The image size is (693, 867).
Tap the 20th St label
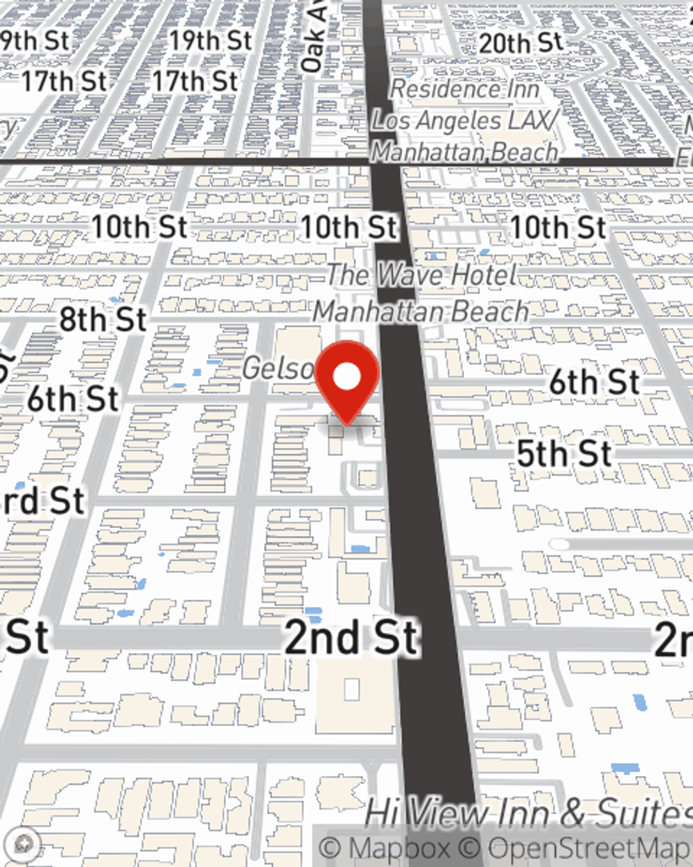pyautogui.click(x=520, y=43)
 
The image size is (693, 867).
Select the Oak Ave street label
pyautogui.click(x=313, y=38)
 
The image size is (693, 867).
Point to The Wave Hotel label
pyautogui.click(x=421, y=275)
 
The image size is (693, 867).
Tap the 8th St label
pyautogui.click(x=103, y=320)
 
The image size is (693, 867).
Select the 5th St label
pyautogui.click(x=564, y=454)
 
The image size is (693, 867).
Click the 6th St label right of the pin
pyautogui.click(x=594, y=382)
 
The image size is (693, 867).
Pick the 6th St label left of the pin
pyautogui.click(x=73, y=400)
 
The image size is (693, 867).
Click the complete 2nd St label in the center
pyautogui.click(x=351, y=638)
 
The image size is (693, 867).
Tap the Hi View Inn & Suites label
pyautogui.click(x=527, y=813)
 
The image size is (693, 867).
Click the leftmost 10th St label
pyautogui.click(x=139, y=227)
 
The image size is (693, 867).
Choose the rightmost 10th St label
pyautogui.click(x=558, y=227)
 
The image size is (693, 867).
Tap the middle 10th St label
pyautogui.click(x=349, y=227)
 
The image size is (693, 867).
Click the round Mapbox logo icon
pyautogui.click(x=24, y=844)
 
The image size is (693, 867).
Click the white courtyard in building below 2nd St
pyautogui.click(x=352, y=689)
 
